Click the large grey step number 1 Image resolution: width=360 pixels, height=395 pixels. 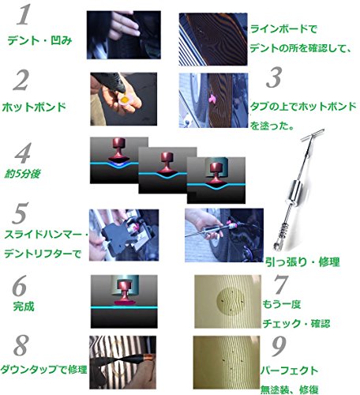(x=24, y=15)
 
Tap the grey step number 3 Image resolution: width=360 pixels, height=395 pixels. (x=274, y=77)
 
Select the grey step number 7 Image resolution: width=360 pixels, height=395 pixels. (x=281, y=284)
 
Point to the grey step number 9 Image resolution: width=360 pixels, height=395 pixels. (x=279, y=346)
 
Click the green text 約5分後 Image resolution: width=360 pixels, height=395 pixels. (x=22, y=174)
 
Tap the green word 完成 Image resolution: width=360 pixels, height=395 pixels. (x=24, y=307)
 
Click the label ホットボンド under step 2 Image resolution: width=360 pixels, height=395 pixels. (x=34, y=107)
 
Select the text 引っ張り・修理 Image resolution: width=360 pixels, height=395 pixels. (x=302, y=262)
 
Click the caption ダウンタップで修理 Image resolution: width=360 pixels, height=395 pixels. (x=43, y=370)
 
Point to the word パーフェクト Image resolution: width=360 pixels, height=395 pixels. (x=289, y=371)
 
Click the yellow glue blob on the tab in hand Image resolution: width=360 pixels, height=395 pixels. (x=124, y=100)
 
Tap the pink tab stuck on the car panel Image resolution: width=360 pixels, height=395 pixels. (x=212, y=99)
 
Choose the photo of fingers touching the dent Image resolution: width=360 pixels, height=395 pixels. (x=124, y=35)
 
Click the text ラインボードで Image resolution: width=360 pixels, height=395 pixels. (x=283, y=28)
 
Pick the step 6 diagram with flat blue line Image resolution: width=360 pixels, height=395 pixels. (x=124, y=302)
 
